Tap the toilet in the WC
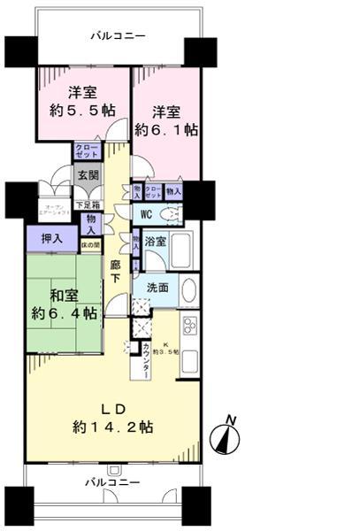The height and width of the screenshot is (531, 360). point(172,213)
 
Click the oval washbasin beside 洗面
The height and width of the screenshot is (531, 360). point(189,291)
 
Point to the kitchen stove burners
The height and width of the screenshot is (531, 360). point(190,325)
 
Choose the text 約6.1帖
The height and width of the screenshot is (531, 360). point(165,129)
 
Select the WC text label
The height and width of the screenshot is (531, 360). point(147,213)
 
